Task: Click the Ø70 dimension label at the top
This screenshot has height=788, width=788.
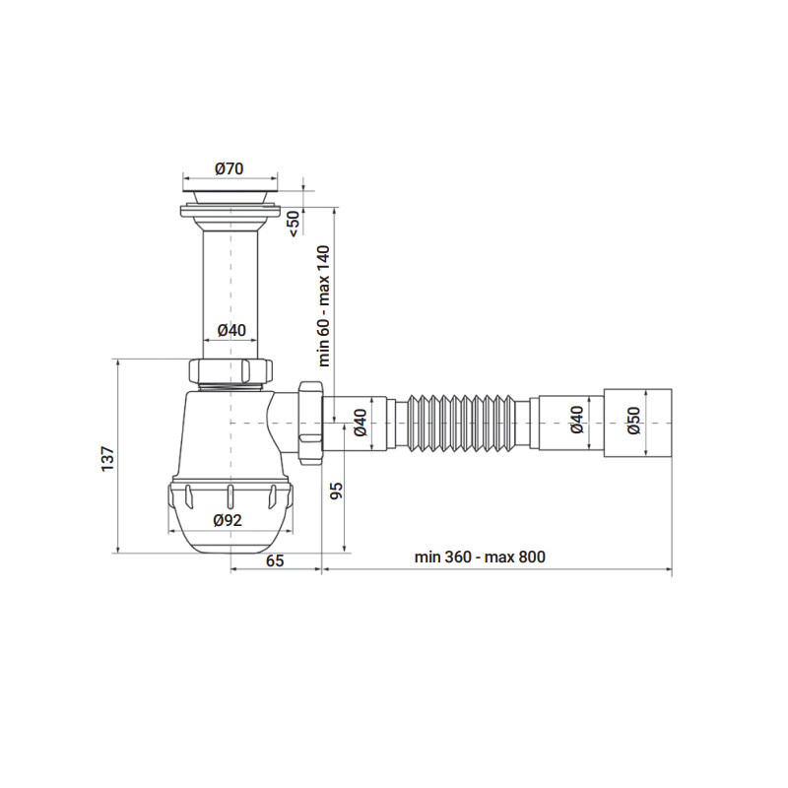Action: (230, 168)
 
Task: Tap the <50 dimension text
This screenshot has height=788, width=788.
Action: (293, 222)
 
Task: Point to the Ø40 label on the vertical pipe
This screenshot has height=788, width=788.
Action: (231, 330)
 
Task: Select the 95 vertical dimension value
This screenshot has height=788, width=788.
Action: (336, 491)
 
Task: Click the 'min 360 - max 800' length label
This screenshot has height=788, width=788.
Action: (480, 558)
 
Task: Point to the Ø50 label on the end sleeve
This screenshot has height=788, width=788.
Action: (633, 422)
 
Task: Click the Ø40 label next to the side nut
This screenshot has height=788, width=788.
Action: (360, 422)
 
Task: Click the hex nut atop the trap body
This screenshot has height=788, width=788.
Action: (231, 372)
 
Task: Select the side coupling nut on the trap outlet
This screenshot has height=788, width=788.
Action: (308, 422)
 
